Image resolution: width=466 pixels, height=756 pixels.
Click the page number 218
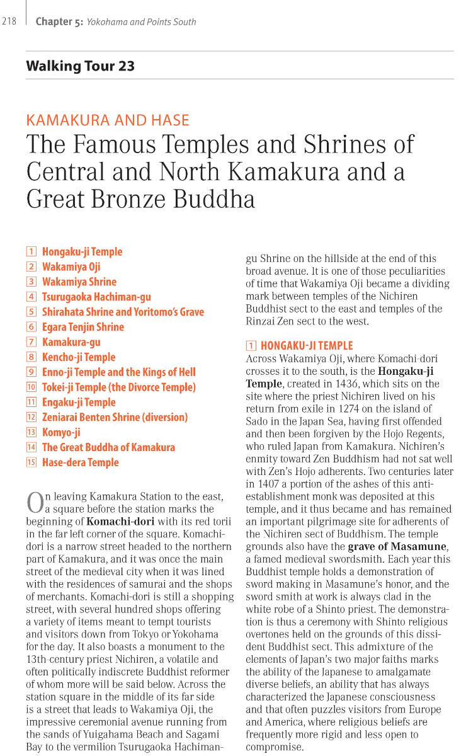[x=9, y=21]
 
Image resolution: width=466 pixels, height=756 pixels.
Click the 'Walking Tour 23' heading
[x=80, y=66]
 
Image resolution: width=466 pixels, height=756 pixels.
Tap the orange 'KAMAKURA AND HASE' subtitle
[x=107, y=120]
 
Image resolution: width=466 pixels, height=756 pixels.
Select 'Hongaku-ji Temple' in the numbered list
[x=82, y=252]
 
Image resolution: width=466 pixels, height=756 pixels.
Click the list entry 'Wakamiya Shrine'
[x=79, y=282]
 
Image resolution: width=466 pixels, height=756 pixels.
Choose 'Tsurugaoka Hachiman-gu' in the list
[x=96, y=297]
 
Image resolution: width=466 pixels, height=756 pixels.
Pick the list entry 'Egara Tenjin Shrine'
[x=82, y=327]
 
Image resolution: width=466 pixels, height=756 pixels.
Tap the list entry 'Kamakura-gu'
[x=71, y=342]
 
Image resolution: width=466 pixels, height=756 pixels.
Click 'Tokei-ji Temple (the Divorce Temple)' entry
[x=118, y=387]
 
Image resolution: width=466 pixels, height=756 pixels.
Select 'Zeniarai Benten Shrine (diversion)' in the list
[x=115, y=417]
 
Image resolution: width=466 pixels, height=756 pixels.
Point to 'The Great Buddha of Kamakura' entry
[x=108, y=447]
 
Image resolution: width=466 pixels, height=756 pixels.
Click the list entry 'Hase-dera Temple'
[x=80, y=462]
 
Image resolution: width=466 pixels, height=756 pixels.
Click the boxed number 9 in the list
[x=31, y=372]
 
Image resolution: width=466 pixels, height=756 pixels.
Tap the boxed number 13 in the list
[x=31, y=432]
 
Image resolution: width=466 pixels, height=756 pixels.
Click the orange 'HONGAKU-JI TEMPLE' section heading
[x=307, y=346]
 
